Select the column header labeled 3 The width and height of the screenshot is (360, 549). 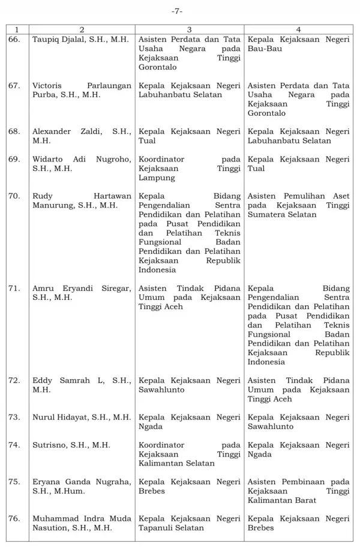tap(189, 29)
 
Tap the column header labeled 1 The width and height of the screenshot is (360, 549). tap(17, 29)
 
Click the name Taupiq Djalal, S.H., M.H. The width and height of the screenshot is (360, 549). tap(81, 39)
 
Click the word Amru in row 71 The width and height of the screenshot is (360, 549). tap(43, 289)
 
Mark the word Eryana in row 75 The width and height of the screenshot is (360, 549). tap(46, 482)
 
